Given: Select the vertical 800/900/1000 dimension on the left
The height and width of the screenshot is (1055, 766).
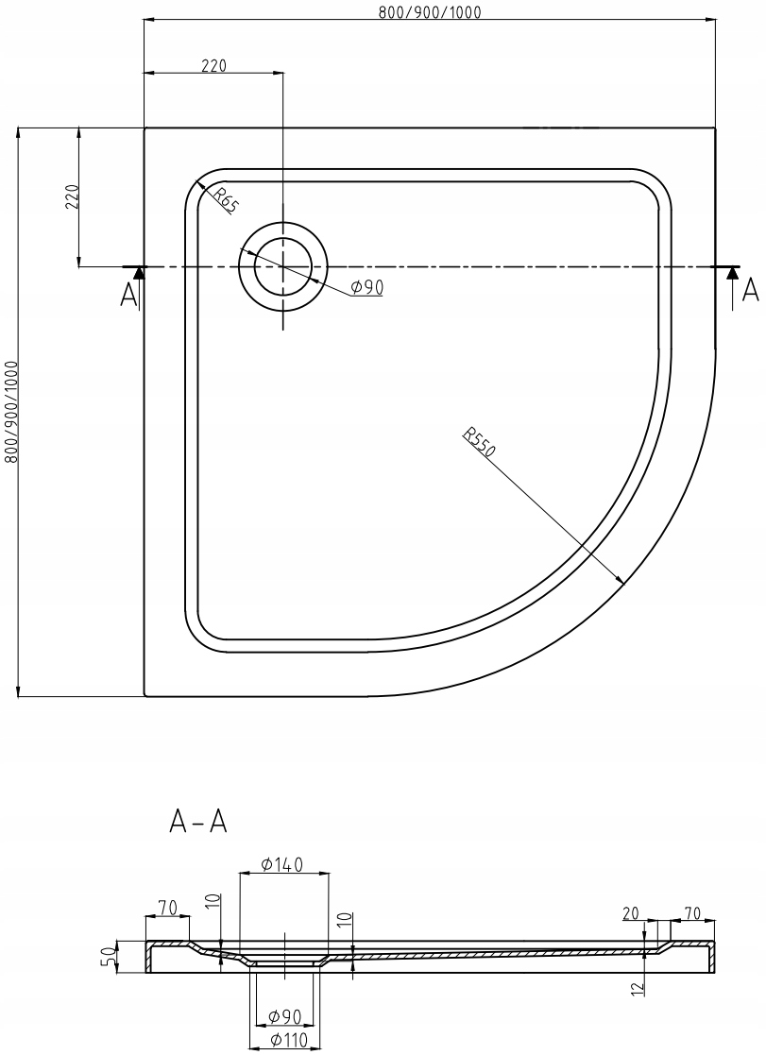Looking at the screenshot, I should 11,411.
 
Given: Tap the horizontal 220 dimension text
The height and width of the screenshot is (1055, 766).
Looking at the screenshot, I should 214,65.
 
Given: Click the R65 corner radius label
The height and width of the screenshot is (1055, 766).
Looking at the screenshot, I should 225,200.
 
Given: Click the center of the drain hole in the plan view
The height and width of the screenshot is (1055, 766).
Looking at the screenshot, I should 282,267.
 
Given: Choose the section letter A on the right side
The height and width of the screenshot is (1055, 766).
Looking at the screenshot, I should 750,290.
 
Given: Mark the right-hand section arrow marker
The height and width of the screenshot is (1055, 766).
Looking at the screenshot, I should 731,273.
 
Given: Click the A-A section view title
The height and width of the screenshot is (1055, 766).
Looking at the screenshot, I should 197,823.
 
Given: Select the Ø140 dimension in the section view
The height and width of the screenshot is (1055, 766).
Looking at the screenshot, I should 282,864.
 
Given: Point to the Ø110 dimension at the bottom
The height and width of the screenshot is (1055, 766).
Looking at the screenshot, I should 283,1041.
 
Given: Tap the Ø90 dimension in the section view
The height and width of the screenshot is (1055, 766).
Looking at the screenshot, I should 283,1016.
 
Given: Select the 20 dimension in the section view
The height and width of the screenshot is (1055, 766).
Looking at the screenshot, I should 631,912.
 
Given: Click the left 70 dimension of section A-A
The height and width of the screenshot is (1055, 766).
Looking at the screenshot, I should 167,908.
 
